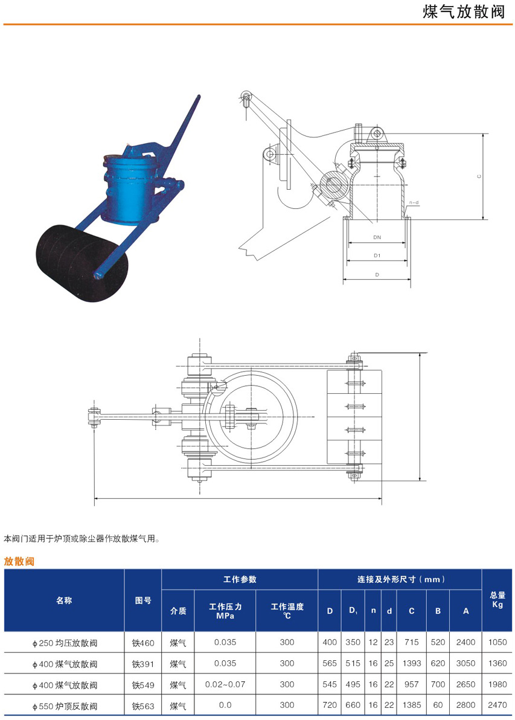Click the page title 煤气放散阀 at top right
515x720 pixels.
pyautogui.click(x=464, y=11)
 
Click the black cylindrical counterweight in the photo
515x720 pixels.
pyautogui.click(x=78, y=263)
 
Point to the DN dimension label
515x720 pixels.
pyautogui.click(x=377, y=237)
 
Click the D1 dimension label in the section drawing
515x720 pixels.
pyautogui.click(x=377, y=256)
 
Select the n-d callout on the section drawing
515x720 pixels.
pyautogui.click(x=414, y=202)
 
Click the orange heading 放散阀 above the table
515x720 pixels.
pyautogui.click(x=19, y=561)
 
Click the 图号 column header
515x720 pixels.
pyautogui.click(x=143, y=600)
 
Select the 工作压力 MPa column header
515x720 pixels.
pyautogui.click(x=225, y=611)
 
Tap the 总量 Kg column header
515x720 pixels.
pyautogui.click(x=497, y=600)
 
